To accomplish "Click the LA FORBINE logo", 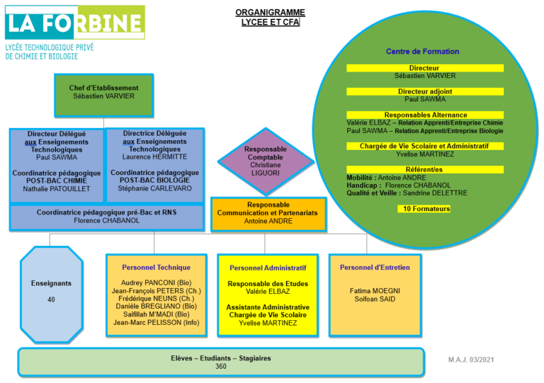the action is [75, 23].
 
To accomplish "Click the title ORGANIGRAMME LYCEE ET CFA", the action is [271, 17].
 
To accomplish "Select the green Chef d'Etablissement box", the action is [103, 96].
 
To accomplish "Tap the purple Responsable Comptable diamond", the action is [266, 161].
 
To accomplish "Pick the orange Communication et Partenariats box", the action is [268, 215].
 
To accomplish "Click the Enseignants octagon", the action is [51, 295].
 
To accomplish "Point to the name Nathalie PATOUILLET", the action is [57, 189].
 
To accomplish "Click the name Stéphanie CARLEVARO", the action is [154, 188].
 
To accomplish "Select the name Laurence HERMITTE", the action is [154, 157].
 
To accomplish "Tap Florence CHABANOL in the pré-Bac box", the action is [107, 220].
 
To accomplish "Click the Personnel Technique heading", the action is [156, 267].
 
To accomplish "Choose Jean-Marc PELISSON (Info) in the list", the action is [157, 323].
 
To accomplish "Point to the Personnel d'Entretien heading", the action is [375, 267].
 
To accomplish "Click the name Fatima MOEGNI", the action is [375, 291].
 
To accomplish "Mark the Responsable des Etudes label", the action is [268, 283].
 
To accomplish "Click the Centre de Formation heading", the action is [423, 51].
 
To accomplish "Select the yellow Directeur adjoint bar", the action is [425, 91].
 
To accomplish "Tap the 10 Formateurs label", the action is [424, 209].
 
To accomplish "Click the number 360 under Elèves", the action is [221, 366].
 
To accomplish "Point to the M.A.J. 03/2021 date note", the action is [471, 360].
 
